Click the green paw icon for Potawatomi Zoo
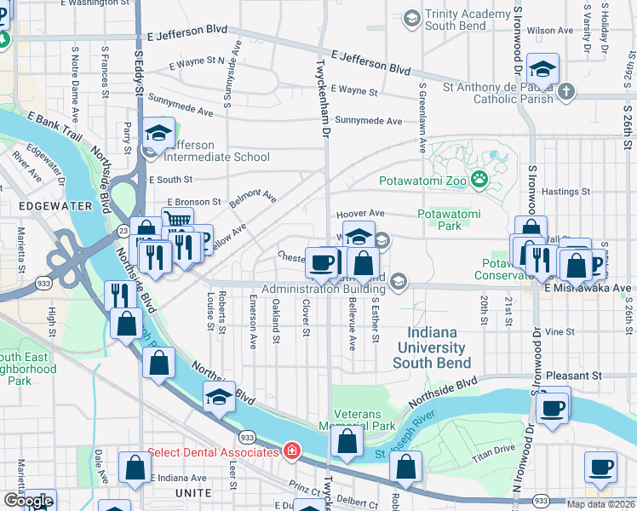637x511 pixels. [x=479, y=179]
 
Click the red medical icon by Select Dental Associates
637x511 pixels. [x=291, y=451]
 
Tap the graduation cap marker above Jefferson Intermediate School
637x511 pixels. [x=158, y=133]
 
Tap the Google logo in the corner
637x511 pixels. [x=28, y=501]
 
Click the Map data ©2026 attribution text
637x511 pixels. [x=600, y=504]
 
